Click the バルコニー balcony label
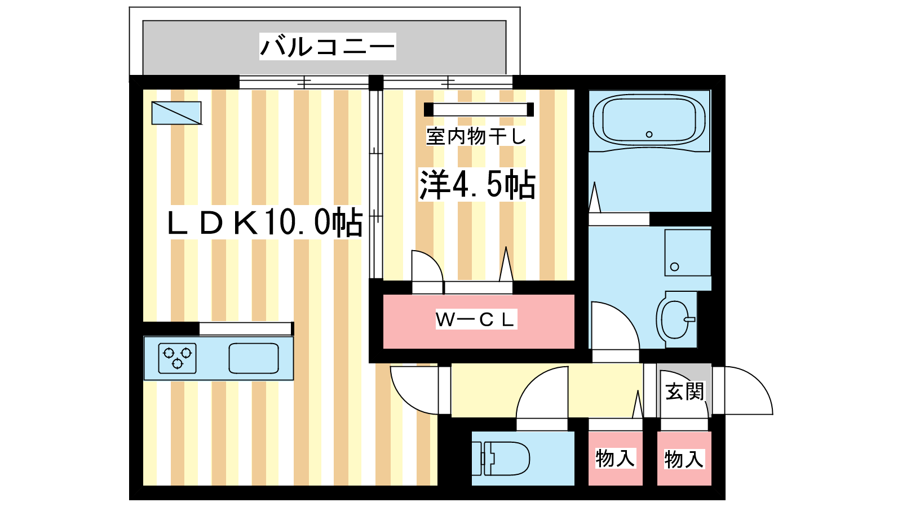(328, 46)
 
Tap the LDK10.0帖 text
(265, 223)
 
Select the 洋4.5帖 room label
(477, 184)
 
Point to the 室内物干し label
(476, 136)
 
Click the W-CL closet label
(476, 320)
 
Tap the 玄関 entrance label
(685, 391)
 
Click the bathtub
(649, 121)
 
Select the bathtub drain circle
(649, 134)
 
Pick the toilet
(505, 458)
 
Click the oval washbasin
(675, 319)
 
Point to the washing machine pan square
(688, 252)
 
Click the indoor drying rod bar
(479, 109)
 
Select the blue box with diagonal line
(176, 113)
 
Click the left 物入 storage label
(616, 458)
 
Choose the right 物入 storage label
(684, 459)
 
